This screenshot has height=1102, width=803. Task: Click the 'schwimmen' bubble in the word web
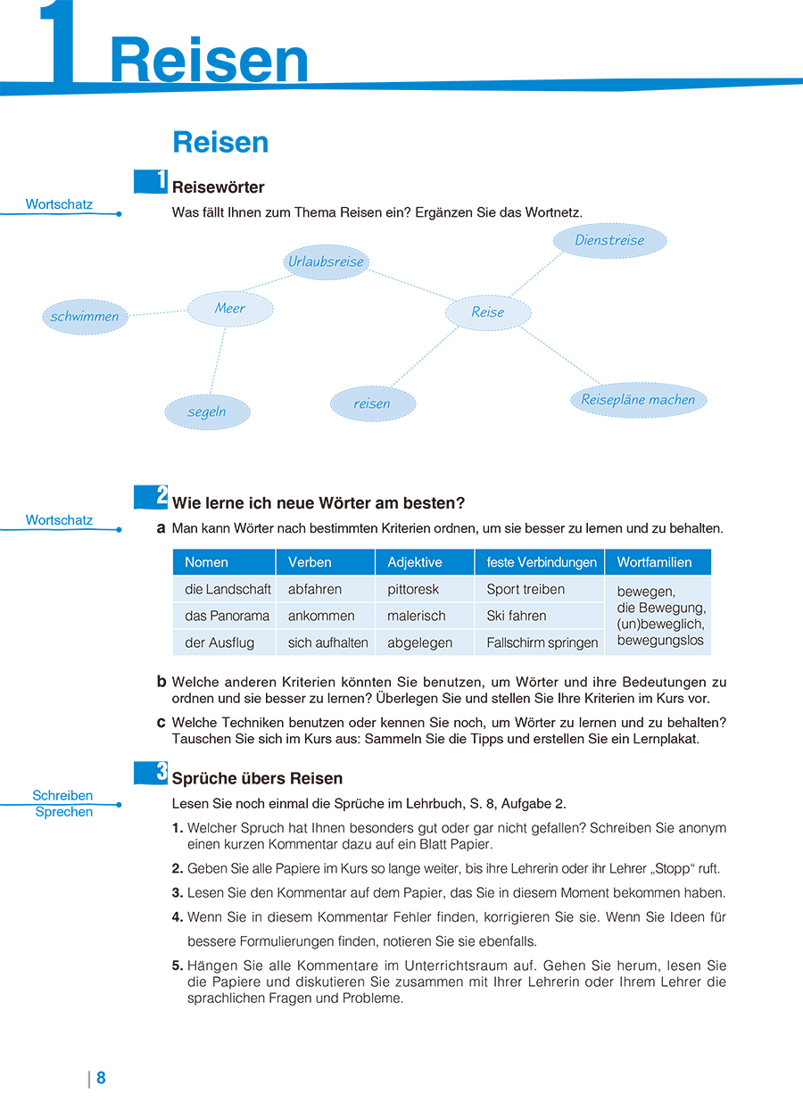coord(85,317)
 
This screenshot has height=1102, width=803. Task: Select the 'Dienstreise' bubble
coord(609,240)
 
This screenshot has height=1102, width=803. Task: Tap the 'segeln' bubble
coord(207,412)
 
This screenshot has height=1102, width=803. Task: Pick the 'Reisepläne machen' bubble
coord(638,400)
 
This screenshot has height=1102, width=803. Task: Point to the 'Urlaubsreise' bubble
coord(327,262)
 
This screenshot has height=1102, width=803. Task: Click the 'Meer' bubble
coord(230,309)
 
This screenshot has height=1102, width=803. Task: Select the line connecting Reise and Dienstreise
coord(536,274)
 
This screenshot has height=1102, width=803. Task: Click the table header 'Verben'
coord(310,562)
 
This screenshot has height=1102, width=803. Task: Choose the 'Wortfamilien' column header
coord(655,562)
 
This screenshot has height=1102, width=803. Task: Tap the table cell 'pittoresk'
coord(413,589)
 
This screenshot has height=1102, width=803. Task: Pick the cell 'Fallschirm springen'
coord(542,642)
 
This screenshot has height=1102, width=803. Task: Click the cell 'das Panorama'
coord(227,616)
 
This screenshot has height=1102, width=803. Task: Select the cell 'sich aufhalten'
coord(327,642)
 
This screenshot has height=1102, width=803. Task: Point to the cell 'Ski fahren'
coord(517,616)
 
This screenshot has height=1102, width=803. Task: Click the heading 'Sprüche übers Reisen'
coord(257,778)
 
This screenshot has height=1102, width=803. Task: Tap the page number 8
coord(101,1078)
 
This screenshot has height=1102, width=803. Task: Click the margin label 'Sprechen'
coord(64,812)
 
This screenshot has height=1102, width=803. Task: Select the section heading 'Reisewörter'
coord(218,187)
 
